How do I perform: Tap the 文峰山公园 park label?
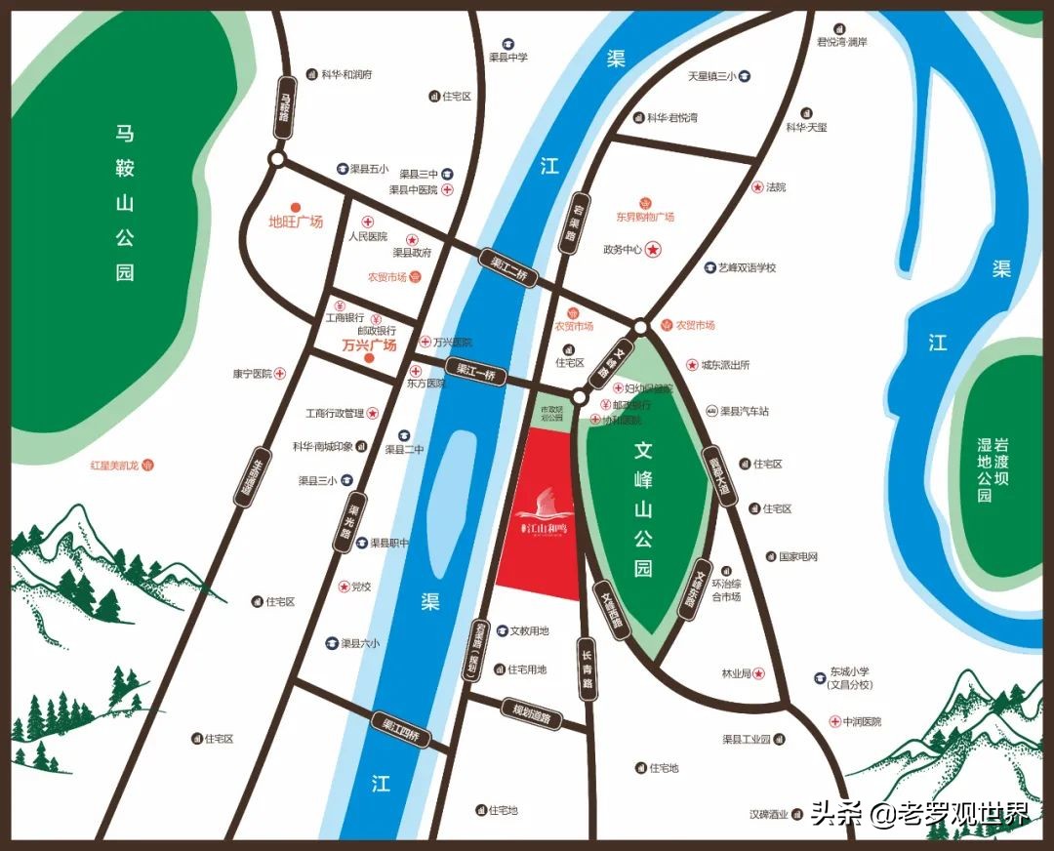click(642, 509)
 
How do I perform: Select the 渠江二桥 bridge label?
click(509, 267)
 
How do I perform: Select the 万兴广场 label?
click(369, 345)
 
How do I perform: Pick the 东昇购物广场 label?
click(645, 217)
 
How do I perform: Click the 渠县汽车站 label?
click(744, 411)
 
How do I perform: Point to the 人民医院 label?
click(368, 236)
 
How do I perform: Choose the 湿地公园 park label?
click(985, 471)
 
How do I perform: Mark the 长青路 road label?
click(588, 669)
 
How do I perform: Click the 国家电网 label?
click(798, 556)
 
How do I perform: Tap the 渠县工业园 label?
click(747, 739)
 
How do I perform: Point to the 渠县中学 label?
click(508, 58)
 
